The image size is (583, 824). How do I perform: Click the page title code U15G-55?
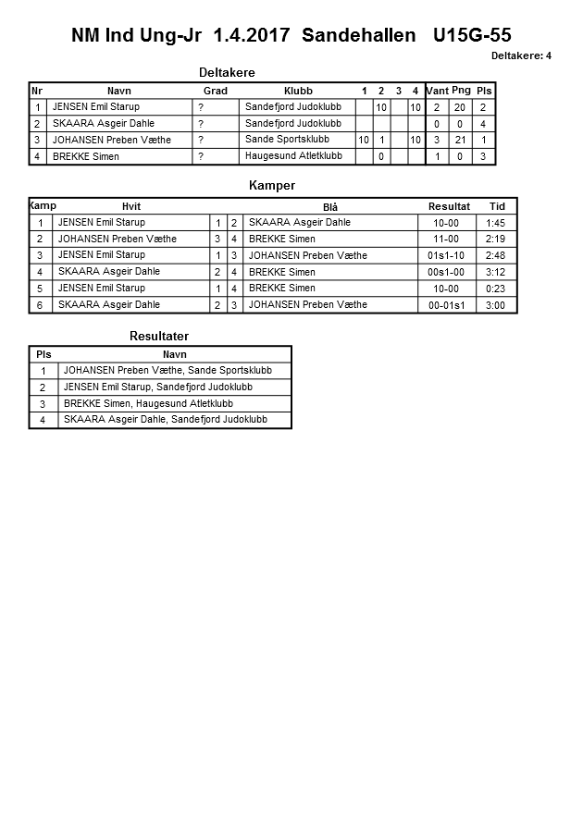(472, 36)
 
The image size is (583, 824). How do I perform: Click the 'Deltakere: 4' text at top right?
(521, 55)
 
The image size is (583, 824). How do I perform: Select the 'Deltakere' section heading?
(227, 73)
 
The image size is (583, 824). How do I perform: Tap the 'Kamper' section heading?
(272, 186)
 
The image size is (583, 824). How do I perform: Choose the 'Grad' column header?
(216, 91)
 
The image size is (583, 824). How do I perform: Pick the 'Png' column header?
(461, 91)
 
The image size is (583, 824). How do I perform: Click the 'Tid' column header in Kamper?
(497, 206)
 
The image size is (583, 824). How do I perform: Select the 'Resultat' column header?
(449, 206)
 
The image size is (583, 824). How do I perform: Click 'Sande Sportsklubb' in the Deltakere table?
(287, 140)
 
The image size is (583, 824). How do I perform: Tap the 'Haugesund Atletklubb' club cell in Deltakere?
(293, 156)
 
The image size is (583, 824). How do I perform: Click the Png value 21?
(460, 141)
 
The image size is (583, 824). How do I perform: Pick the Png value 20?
(460, 107)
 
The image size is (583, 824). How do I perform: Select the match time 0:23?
(497, 289)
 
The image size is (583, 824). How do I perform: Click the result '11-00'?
(445, 239)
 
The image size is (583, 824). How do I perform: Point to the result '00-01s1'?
(446, 305)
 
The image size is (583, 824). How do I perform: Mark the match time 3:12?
(497, 272)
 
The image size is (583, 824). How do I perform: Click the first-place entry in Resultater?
(174, 371)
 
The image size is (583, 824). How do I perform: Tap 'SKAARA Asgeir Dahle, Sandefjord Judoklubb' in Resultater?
(165, 419)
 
